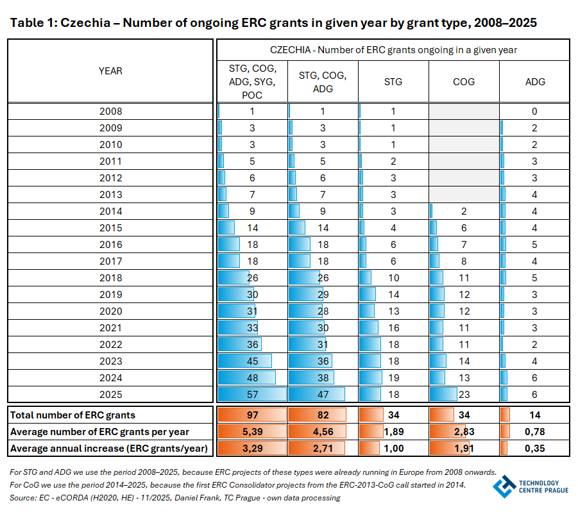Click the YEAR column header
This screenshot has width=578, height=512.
pos(110,71)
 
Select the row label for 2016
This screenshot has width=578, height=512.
pos(110,244)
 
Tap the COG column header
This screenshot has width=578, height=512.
pos(464,82)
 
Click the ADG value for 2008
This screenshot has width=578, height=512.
pos(534,111)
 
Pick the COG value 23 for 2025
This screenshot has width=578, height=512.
pos(464,394)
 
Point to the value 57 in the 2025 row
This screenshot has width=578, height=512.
pos(253,394)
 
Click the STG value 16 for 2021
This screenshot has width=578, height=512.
pos(393,327)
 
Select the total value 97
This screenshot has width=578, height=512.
pos(253,415)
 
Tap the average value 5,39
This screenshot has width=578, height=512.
pos(253,432)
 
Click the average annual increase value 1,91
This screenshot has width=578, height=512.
pos(464,449)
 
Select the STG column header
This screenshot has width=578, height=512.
pos(393,82)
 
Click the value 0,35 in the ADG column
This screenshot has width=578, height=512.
pos(534,449)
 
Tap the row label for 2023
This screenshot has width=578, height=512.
pos(110,361)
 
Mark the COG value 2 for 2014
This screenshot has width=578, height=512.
pos(464,211)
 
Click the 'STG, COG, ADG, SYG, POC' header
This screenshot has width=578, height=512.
pos(253,82)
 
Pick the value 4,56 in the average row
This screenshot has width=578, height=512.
pos(323,432)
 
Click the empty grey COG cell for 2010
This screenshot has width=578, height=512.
pos(464,144)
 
